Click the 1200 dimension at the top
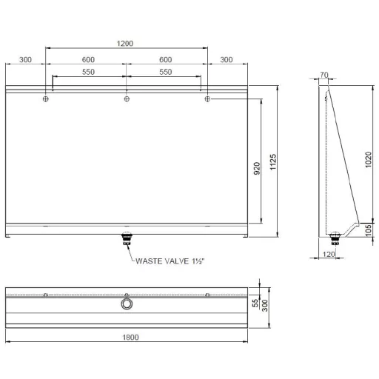pyautogui.click(x=125, y=44)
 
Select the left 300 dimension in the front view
pyautogui.click(x=25, y=60)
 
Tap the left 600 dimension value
pyautogui.click(x=88, y=60)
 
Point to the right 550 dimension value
pyautogui.click(x=165, y=72)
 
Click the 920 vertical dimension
pyautogui.click(x=257, y=168)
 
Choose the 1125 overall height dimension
pyautogui.click(x=272, y=162)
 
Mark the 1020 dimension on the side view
pyautogui.click(x=368, y=160)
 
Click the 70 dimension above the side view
pyautogui.click(x=324, y=75)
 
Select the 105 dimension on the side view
pyautogui.click(x=368, y=230)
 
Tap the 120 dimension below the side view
pyautogui.click(x=329, y=254)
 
